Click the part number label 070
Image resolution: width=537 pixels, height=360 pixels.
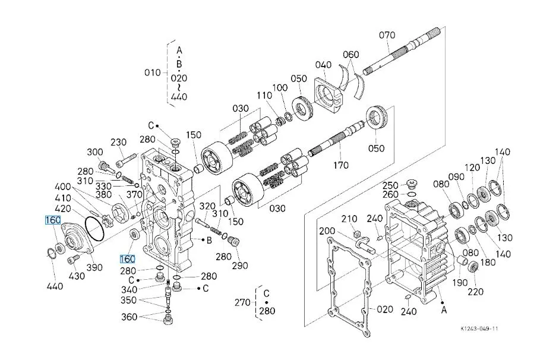[x=387, y=35]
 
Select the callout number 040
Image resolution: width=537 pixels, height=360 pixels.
[x=323, y=65]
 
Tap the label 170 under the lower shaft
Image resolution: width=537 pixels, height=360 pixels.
[x=341, y=165]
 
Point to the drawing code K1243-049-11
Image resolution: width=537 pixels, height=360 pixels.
[x=479, y=329]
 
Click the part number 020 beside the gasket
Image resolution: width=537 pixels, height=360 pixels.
[x=384, y=310]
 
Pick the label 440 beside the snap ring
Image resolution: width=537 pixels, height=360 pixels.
[x=55, y=286]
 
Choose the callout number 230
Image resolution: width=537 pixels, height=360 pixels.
[x=118, y=142]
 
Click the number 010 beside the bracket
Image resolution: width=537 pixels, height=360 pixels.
[x=153, y=72]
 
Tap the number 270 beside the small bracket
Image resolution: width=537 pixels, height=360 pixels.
[x=243, y=302]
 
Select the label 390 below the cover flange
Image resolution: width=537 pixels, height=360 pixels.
[x=94, y=267]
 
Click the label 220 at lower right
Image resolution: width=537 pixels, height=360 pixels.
[x=476, y=292]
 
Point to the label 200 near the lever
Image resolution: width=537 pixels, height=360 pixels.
[x=327, y=231]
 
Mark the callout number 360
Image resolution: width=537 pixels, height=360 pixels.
[x=129, y=317]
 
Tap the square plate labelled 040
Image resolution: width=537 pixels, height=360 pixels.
[x=328, y=95]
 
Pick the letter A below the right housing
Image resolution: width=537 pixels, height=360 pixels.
[x=444, y=310]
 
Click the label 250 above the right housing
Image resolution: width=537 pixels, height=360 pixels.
[x=390, y=185]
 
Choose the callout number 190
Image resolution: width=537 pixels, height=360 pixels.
[x=460, y=282]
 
